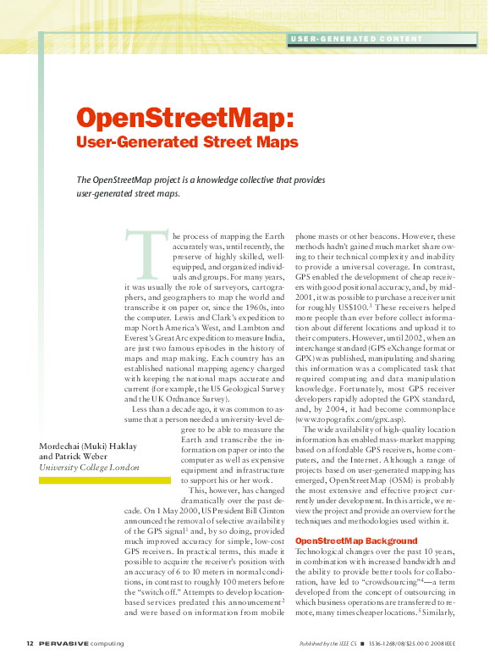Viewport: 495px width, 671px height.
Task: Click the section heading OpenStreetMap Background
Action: coord(344,541)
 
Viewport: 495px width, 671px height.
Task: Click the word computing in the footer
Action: coord(107,644)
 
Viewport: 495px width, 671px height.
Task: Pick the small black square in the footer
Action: coord(361,644)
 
